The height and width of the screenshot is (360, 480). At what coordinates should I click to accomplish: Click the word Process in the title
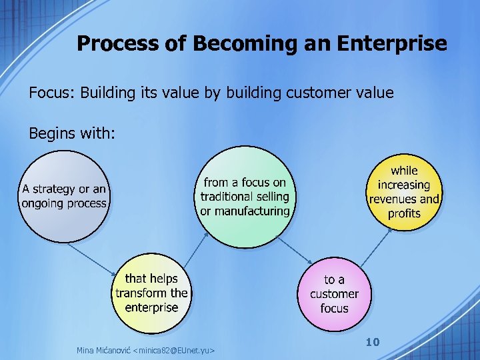coord(109,44)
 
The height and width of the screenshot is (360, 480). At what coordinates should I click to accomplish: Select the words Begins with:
coord(73,133)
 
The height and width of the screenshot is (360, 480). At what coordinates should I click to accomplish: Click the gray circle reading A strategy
coord(64,196)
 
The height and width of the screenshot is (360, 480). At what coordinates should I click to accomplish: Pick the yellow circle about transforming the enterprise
coord(151,293)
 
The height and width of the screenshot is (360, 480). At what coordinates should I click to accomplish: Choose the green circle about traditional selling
coord(245,196)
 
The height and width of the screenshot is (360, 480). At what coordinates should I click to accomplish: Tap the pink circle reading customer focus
coord(334,294)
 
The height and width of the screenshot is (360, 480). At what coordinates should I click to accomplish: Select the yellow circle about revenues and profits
coord(404,191)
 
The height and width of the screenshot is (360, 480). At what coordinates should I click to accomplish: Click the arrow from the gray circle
coord(93,259)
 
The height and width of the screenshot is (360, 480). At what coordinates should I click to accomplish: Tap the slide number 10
coord(373,342)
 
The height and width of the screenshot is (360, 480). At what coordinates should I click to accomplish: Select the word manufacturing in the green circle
coord(245,211)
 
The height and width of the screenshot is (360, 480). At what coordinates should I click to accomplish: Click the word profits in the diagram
coord(404,213)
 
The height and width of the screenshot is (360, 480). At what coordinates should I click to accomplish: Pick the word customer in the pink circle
coord(334,294)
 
